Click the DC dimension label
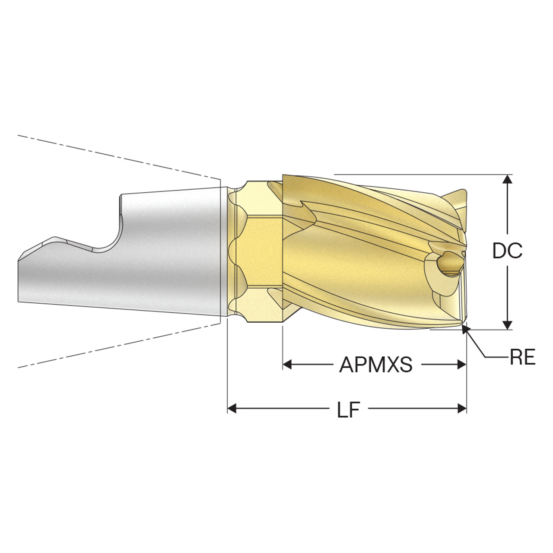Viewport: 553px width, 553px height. coord(507,251)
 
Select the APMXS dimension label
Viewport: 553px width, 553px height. coord(375,365)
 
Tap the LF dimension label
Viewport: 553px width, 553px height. coord(348,410)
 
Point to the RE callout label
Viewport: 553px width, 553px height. coord(523,357)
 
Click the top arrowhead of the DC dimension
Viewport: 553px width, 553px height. coord(508,179)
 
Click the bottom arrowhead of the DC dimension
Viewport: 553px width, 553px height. coord(508,325)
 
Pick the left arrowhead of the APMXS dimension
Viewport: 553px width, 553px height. coord(287,365)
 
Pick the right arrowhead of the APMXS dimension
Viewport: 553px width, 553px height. coord(461,365)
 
